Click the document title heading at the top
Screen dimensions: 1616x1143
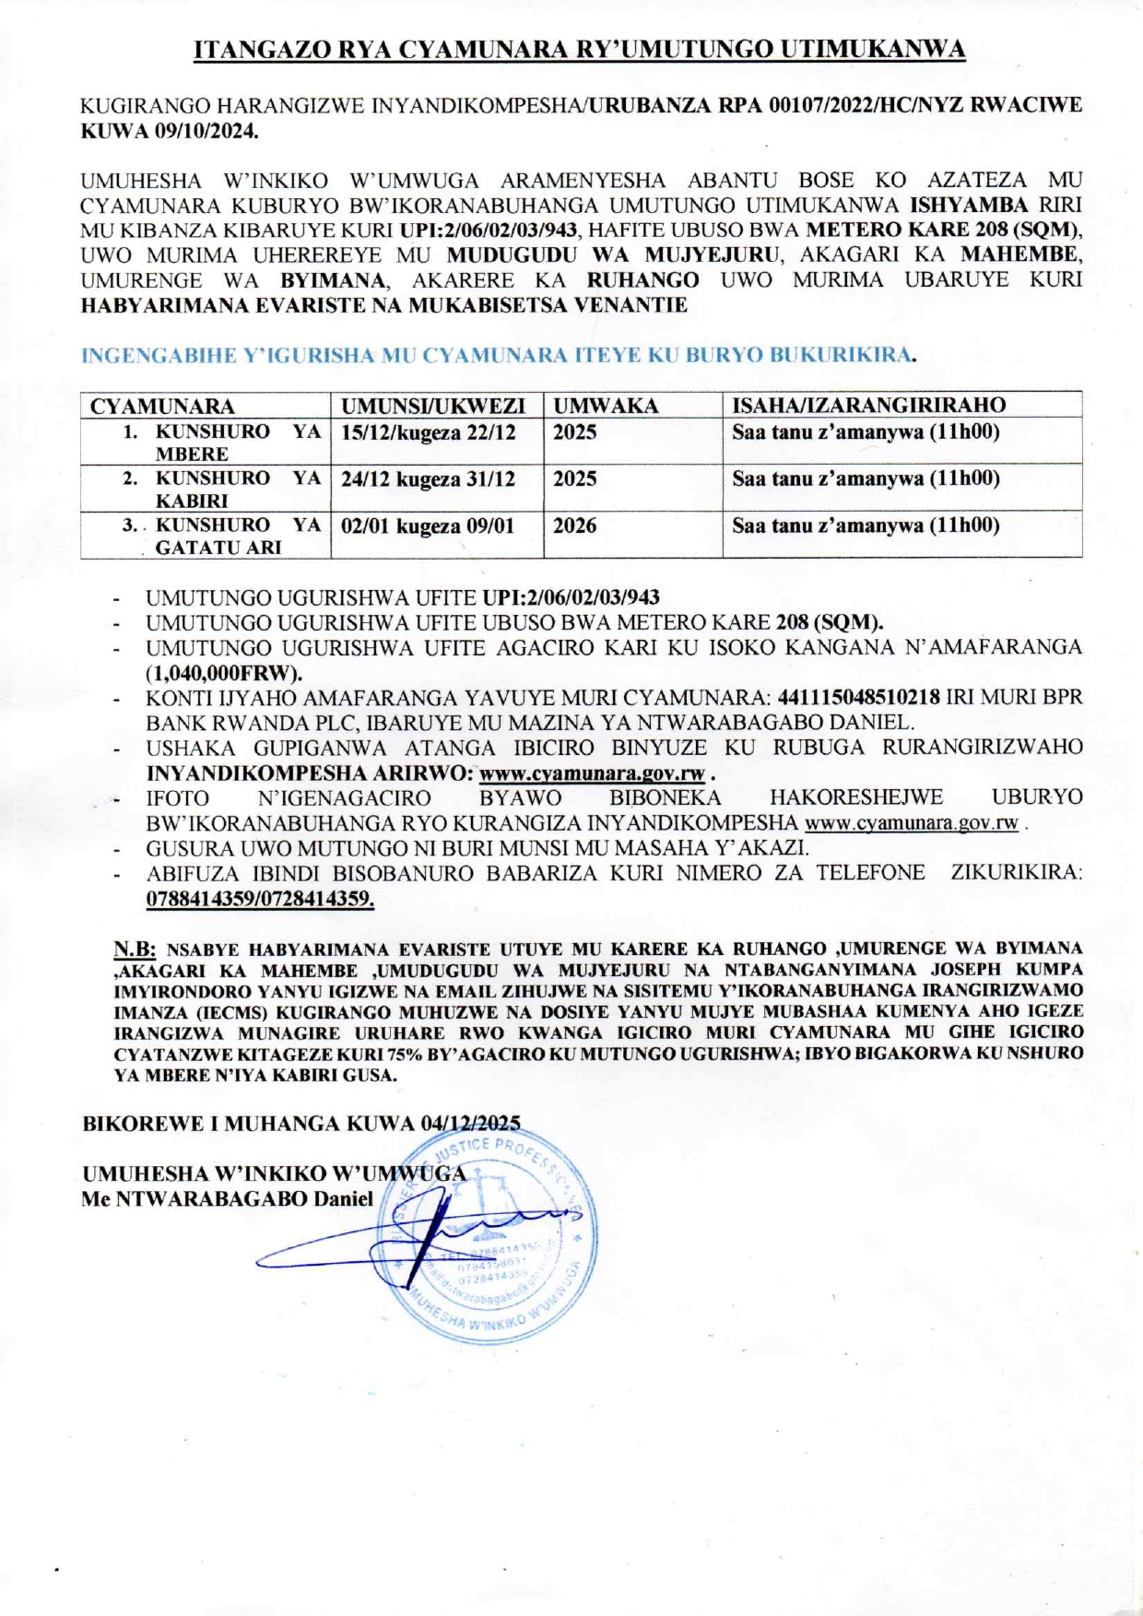point(579,50)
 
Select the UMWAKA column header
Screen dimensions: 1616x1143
point(606,406)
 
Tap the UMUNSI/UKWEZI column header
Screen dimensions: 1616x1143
point(433,406)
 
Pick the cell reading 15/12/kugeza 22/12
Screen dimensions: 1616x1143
point(429,432)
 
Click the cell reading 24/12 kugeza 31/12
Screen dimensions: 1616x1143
point(429,479)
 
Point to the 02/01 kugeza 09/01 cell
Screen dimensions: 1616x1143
point(428,526)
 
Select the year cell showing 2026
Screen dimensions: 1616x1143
point(574,525)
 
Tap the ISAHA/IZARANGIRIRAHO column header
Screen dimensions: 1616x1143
point(868,405)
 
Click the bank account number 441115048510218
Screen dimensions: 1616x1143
point(859,697)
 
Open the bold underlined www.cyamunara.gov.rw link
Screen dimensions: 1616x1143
point(592,773)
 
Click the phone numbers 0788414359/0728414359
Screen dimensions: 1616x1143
point(260,900)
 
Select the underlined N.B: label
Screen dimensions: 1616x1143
point(135,949)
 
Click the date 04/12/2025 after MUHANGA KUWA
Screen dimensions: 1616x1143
point(470,1123)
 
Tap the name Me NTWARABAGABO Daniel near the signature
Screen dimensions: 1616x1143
point(228,1198)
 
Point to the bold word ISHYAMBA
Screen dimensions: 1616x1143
point(969,205)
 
